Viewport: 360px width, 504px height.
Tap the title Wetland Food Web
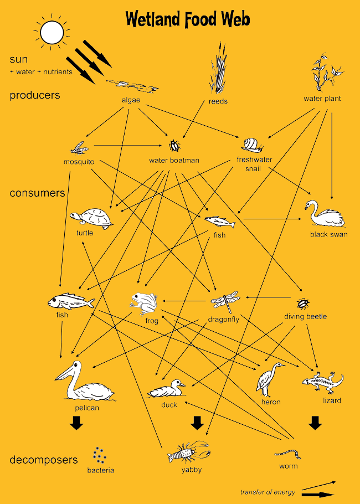(x=188, y=19)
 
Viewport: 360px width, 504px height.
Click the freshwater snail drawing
(x=252, y=145)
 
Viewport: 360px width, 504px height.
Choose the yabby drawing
(x=188, y=453)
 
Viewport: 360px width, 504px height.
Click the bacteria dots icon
(x=100, y=455)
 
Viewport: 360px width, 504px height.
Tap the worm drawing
(x=289, y=454)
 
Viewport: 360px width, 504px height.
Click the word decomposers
(x=44, y=460)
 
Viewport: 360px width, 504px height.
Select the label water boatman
(x=174, y=161)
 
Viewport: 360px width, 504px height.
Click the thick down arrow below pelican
(x=76, y=423)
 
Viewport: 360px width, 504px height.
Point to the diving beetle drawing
(x=303, y=304)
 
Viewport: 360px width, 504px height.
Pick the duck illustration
(x=167, y=389)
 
